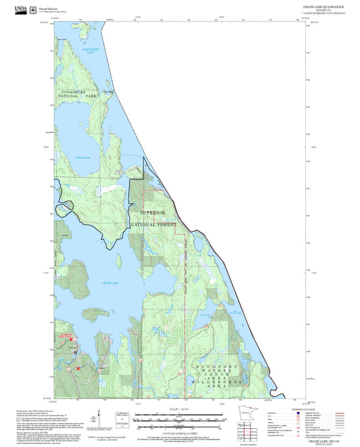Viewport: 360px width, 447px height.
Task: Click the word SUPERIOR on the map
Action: [x=152, y=212]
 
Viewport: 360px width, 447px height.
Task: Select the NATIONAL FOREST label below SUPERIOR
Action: [x=153, y=223]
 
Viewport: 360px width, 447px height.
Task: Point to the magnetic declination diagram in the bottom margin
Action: [x=123, y=419]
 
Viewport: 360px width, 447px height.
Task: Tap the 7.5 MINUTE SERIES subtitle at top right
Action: [x=322, y=13]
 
